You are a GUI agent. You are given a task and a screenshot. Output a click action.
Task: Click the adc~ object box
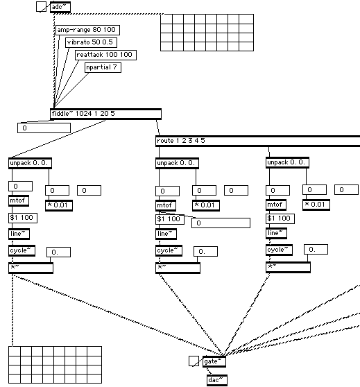(x=60, y=7)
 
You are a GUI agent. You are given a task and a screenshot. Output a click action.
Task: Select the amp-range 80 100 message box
(x=87, y=30)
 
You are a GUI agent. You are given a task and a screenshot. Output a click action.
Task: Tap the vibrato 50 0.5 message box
(x=91, y=42)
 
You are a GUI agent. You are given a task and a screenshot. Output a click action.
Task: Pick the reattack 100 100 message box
(x=105, y=55)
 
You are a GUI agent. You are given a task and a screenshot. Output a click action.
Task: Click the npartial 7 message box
(x=103, y=67)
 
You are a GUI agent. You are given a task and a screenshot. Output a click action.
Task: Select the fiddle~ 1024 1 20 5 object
(x=105, y=114)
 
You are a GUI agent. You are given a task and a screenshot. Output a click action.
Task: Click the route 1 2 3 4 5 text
(x=181, y=141)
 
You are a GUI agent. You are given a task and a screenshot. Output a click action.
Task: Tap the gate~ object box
(x=214, y=361)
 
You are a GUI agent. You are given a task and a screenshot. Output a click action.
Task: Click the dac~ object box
(x=217, y=380)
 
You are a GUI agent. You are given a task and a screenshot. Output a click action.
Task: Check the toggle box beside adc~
(x=41, y=7)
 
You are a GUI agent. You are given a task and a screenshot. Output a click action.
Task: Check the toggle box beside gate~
(x=194, y=361)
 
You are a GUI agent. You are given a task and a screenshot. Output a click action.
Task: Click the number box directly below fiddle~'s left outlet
(x=44, y=128)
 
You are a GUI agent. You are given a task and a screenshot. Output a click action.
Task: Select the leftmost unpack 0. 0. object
(x=30, y=164)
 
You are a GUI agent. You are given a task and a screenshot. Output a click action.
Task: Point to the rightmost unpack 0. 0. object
(x=287, y=163)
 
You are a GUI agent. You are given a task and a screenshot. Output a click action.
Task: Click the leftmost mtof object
(x=19, y=200)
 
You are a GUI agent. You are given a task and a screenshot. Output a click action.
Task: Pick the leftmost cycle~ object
(x=22, y=250)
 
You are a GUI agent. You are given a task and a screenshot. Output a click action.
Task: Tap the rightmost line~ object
(x=276, y=233)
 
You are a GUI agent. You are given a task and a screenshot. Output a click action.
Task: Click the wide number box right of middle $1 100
(x=221, y=223)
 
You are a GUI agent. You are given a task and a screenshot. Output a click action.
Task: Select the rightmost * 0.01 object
(x=316, y=205)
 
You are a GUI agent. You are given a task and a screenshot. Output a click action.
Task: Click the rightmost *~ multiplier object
(x=288, y=267)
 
